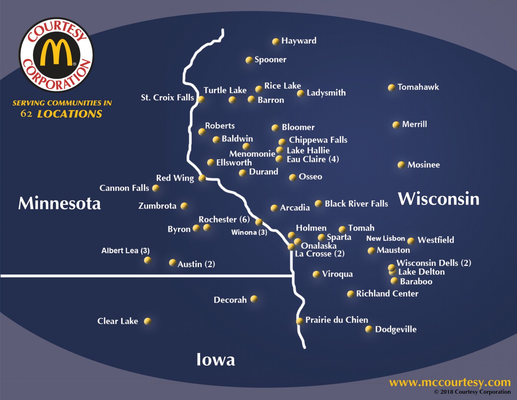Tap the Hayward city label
click(x=298, y=41)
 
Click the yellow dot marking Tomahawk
click(x=391, y=88)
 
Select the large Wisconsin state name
click(x=439, y=199)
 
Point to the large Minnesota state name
click(x=59, y=203)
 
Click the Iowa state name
click(x=216, y=359)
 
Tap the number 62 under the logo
click(x=26, y=113)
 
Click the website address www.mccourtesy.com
click(x=449, y=382)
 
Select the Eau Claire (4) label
click(x=312, y=159)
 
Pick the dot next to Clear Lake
click(x=147, y=321)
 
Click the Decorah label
click(x=230, y=300)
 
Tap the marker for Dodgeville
click(x=369, y=329)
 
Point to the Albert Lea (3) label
click(x=125, y=251)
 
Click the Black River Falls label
click(x=356, y=204)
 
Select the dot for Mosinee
click(x=401, y=165)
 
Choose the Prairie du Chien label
click(x=336, y=320)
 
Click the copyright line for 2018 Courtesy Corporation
click(x=472, y=392)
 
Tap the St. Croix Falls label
click(x=167, y=98)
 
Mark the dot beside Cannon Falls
click(x=156, y=188)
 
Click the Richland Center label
click(x=387, y=294)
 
